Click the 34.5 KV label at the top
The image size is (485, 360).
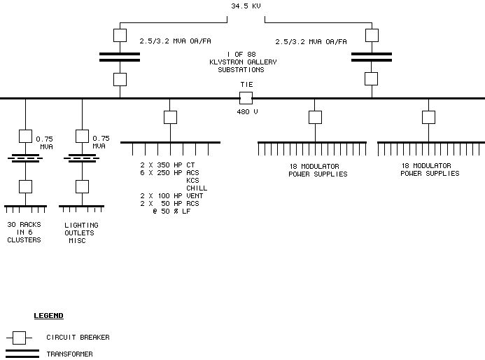pyautogui.click(x=245, y=6)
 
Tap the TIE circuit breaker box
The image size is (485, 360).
pyautogui.click(x=246, y=98)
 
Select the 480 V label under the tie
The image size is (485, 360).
pyautogui.click(x=246, y=112)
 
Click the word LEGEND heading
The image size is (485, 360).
pyautogui.click(x=48, y=316)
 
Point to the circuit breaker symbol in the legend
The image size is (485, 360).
pyautogui.click(x=19, y=338)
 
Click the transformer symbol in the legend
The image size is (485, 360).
pyautogui.click(x=22, y=353)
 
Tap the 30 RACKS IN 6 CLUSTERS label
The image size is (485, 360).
pyautogui.click(x=24, y=233)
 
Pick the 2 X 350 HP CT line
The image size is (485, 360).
pyautogui.click(x=167, y=165)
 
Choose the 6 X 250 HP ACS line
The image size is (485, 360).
pyautogui.click(x=169, y=173)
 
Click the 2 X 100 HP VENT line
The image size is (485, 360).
pyautogui.click(x=171, y=195)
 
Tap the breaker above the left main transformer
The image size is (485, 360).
pyautogui.click(x=120, y=34)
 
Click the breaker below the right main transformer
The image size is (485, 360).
pyautogui.click(x=372, y=78)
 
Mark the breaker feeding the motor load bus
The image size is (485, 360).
pyautogui.click(x=170, y=117)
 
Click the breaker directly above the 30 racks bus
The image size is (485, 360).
pyautogui.click(x=26, y=186)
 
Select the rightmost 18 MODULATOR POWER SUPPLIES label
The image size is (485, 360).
pyautogui.click(x=430, y=169)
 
